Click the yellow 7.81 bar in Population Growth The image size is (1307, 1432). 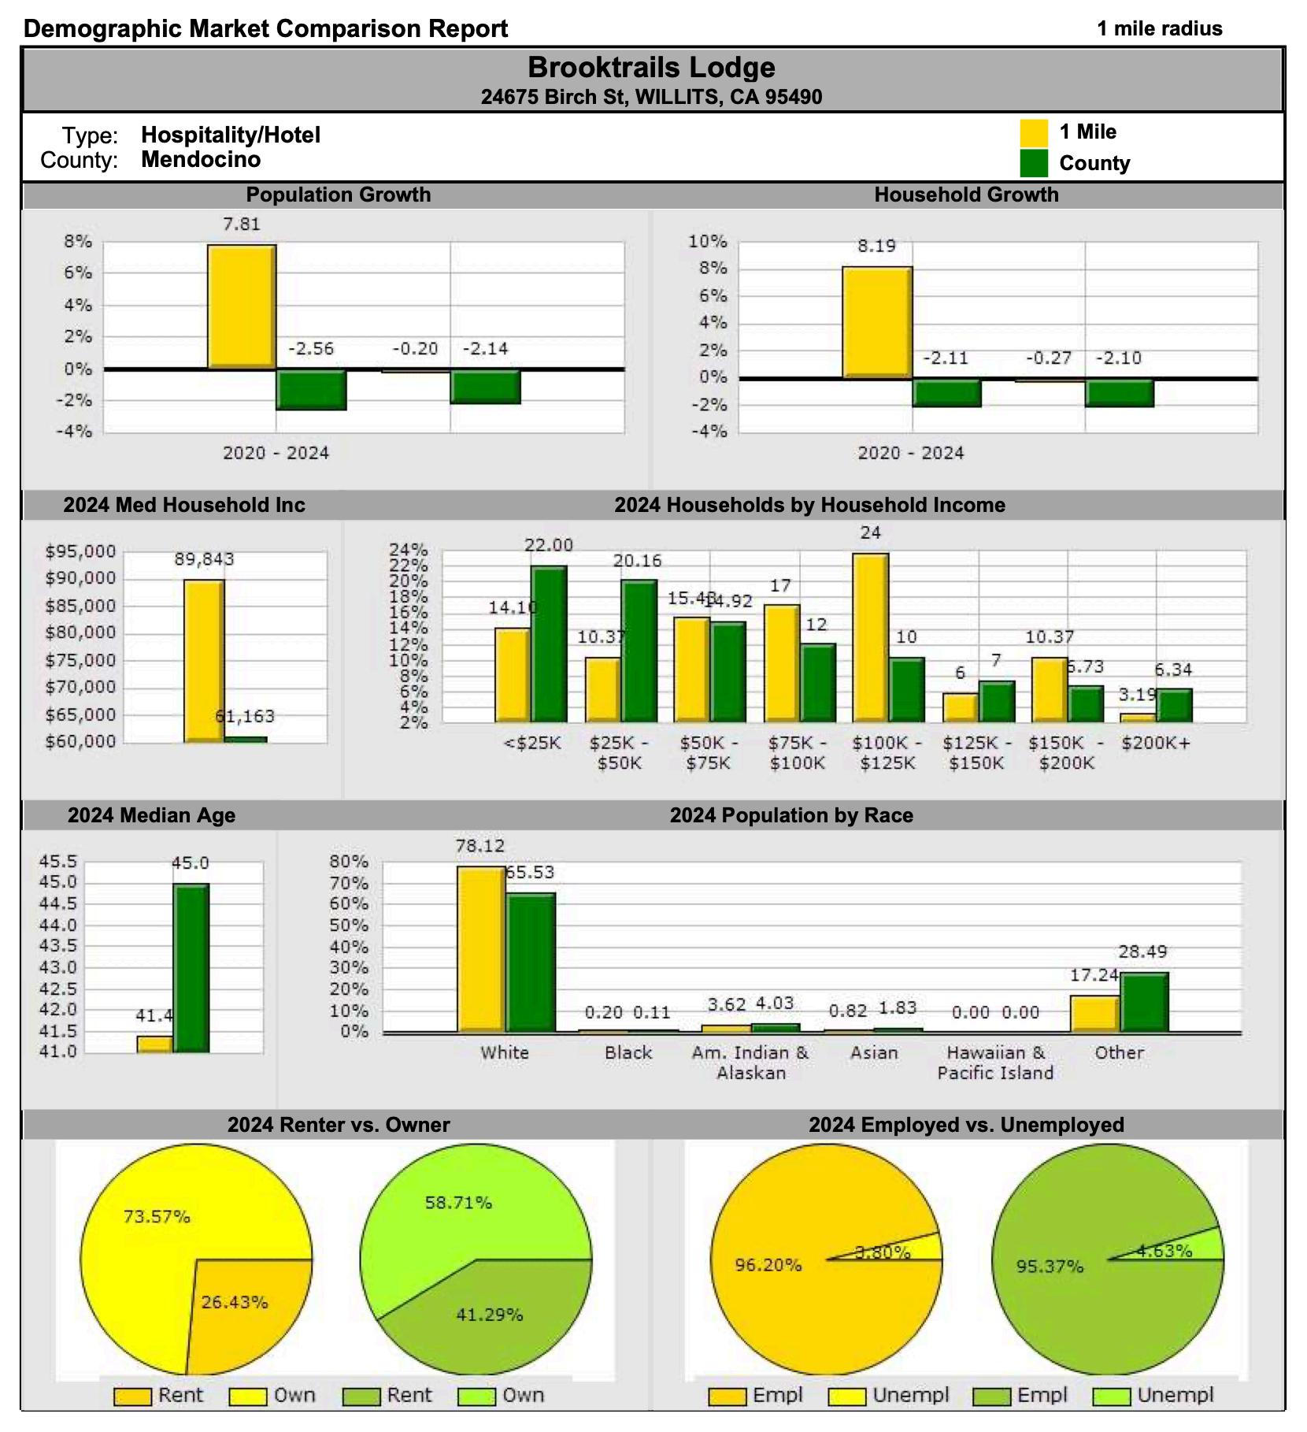coord(241,306)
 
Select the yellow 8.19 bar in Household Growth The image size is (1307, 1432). coord(876,322)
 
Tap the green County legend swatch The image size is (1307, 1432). coord(1033,164)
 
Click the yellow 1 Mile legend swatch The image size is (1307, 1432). coord(1033,132)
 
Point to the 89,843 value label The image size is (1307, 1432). coord(204,560)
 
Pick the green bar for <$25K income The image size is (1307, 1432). coord(549,644)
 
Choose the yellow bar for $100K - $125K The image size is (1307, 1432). coord(870,637)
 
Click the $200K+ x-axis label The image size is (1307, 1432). coord(1156,743)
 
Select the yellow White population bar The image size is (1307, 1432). coord(480,948)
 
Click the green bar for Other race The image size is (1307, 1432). coord(1144,1001)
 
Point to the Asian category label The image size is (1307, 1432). coord(874,1053)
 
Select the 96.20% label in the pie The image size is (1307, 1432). coord(768,1266)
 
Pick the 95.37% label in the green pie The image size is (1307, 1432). coord(1049,1267)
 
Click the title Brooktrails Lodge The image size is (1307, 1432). coord(651,68)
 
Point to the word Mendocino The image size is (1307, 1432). coord(201,160)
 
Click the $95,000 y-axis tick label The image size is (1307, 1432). coord(81,551)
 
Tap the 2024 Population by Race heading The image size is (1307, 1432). coord(791,815)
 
